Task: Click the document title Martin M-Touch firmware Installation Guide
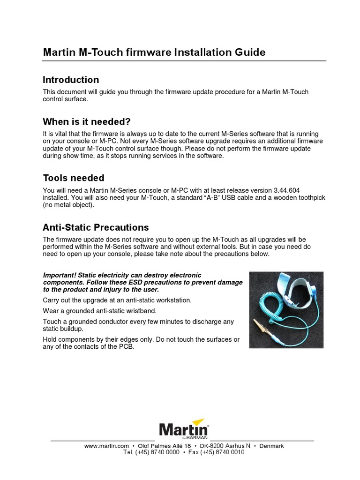tap(154, 52)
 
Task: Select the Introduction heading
tap(71, 80)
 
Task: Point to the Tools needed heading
tap(74, 178)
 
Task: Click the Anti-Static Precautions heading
tap(96, 228)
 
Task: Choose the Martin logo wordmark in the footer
tap(184, 429)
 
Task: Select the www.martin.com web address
tap(106, 446)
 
